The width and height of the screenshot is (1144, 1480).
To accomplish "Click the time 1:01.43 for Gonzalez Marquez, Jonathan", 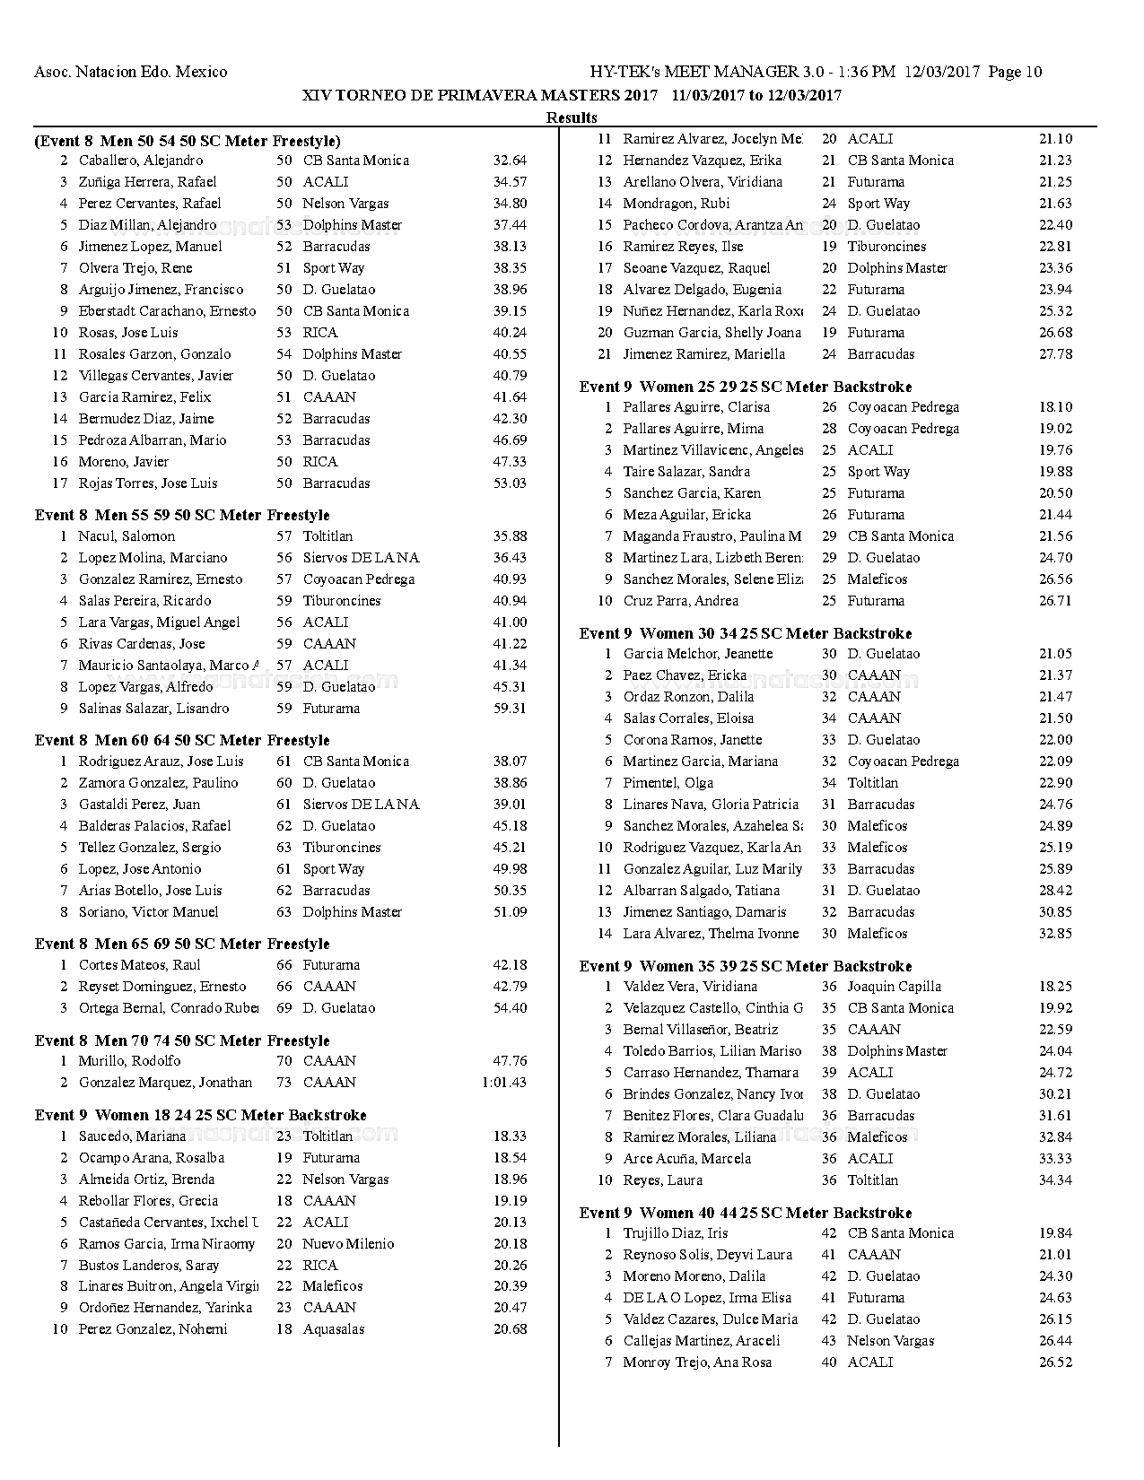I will (x=503, y=1083).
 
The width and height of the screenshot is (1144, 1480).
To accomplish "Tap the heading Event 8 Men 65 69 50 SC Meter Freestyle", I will (x=182, y=944).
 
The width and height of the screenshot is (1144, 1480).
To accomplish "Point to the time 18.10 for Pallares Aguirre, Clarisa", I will (x=1055, y=407).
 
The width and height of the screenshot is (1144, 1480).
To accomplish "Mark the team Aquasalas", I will (x=334, y=1329).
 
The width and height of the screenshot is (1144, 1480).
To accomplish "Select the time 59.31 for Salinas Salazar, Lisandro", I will (x=510, y=709).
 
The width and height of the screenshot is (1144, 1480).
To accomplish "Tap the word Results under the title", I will (x=572, y=118).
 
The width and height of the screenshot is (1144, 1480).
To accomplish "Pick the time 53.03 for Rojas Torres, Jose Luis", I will (x=510, y=483).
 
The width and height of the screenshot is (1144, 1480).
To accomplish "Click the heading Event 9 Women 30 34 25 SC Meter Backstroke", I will (x=746, y=633).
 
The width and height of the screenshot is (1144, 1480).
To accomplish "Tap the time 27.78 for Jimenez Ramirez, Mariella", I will (x=1055, y=354).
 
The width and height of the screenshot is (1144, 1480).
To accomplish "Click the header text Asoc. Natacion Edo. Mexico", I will (x=130, y=72).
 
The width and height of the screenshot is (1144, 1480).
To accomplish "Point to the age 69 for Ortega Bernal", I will (x=284, y=1008).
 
